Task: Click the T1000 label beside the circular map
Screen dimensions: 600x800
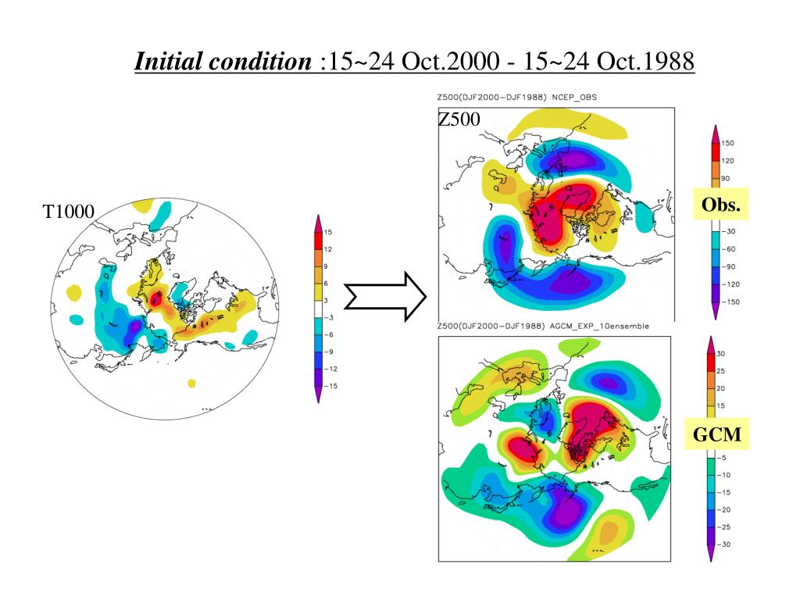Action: [x=68, y=211]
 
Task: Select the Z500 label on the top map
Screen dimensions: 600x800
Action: [x=459, y=120]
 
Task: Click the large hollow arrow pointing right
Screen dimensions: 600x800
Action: [x=385, y=297]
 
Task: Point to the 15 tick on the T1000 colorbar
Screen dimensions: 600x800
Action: [x=329, y=233]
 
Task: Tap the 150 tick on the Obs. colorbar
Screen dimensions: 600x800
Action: [x=727, y=144]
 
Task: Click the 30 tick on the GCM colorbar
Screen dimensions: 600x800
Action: [x=720, y=353]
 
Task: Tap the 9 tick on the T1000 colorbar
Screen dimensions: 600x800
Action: [x=327, y=267]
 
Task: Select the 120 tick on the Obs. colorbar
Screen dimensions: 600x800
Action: [x=727, y=161]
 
